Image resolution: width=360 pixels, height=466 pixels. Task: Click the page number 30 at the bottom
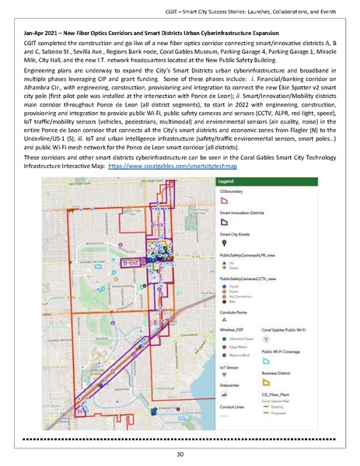point(180,454)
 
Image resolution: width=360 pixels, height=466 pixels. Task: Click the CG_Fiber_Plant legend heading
point(277,394)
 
